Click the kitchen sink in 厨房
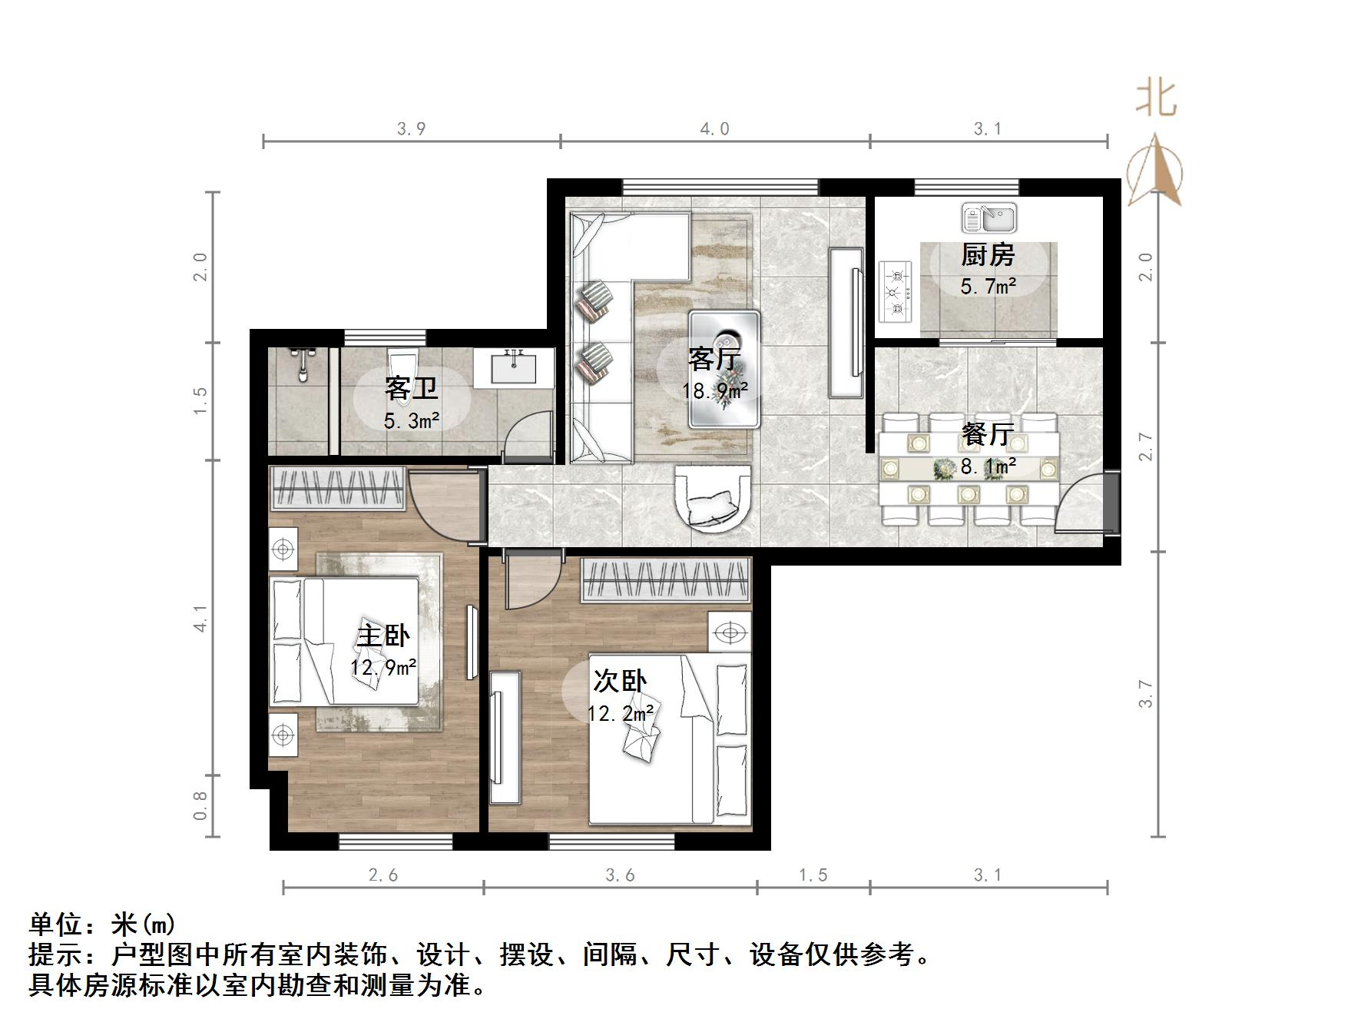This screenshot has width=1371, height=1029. [x=989, y=218]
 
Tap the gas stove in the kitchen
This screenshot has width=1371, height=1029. [x=896, y=292]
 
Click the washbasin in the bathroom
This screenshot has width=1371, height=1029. [x=513, y=367]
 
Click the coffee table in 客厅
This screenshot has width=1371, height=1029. [x=724, y=369]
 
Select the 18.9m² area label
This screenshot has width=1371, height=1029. [x=714, y=391]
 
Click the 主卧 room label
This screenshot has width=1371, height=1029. [x=382, y=636]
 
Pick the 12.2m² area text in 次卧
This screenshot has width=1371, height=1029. [x=620, y=713]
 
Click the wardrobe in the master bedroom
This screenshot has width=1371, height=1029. [x=337, y=488]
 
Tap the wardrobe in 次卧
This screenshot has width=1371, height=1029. [x=665, y=580]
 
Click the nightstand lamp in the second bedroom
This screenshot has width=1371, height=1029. [x=729, y=632]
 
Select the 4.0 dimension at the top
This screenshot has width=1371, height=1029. [x=714, y=129]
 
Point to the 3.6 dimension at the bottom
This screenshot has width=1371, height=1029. [x=620, y=875]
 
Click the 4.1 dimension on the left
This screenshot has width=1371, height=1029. [x=200, y=619]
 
